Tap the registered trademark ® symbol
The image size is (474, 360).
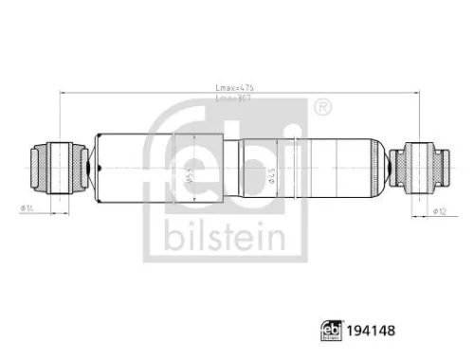coord(322,105)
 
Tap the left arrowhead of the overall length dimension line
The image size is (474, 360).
coord(61,93)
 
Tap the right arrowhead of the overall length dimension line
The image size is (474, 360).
coord(417,93)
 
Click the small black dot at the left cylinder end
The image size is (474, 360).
coord(92,169)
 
